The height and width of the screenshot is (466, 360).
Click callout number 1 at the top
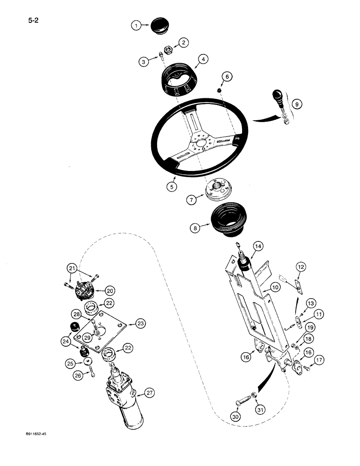135,26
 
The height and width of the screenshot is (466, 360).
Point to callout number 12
301,267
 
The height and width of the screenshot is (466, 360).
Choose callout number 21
71,268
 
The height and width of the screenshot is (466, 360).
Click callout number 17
319,360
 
